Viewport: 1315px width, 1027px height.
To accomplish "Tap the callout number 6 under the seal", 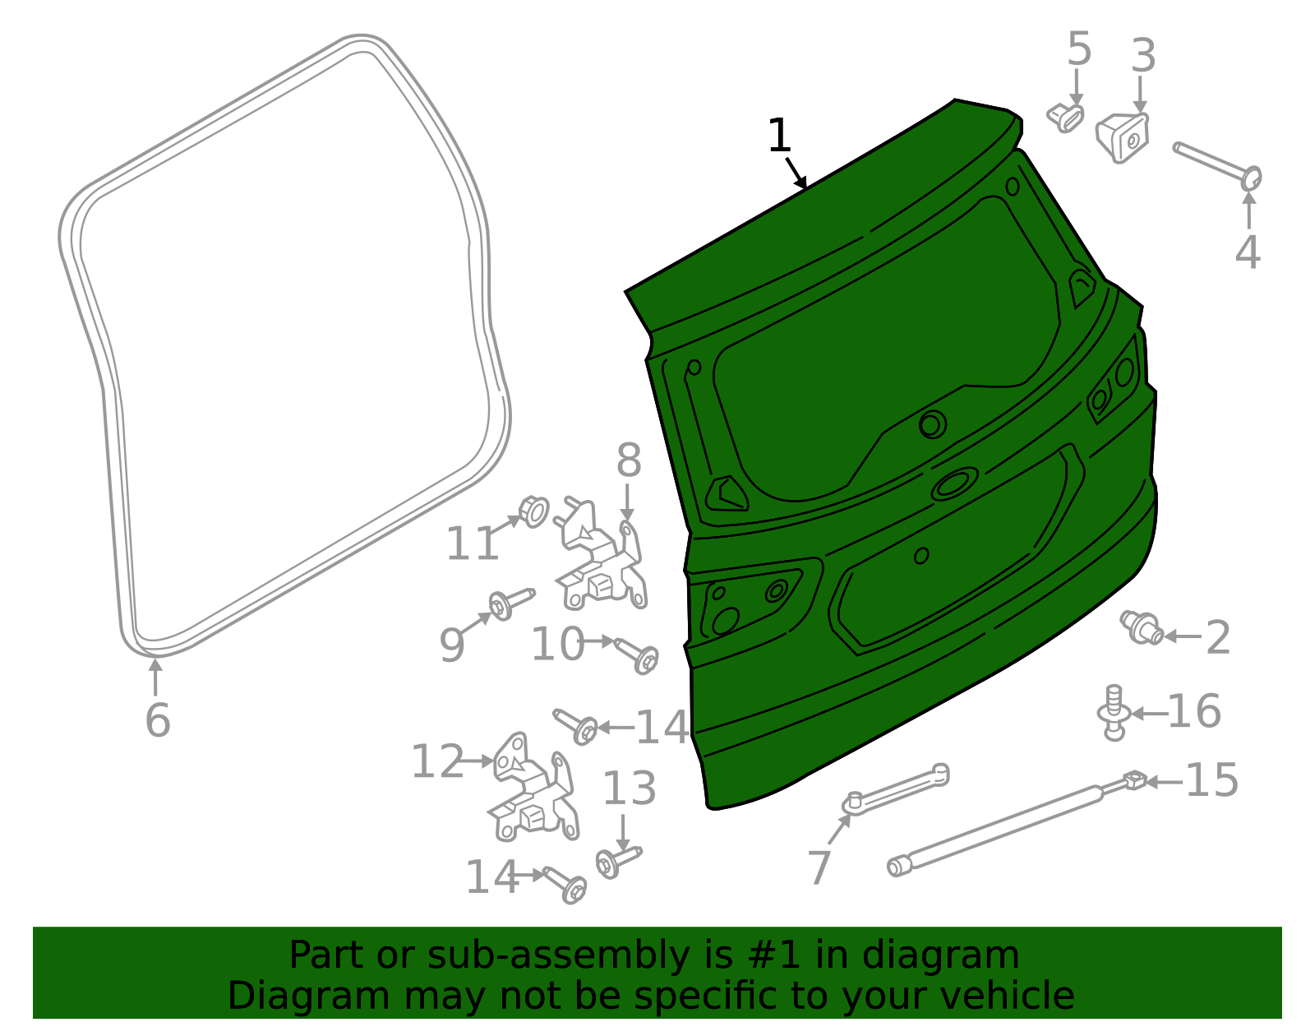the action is pos(158,719).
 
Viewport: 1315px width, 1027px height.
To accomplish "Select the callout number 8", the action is pos(629,460).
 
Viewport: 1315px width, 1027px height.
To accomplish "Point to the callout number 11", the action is pos(473,544).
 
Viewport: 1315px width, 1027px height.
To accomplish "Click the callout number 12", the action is pos(438,761).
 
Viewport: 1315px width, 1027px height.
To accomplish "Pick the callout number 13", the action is pos(630,788).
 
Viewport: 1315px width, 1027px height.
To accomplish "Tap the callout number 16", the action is pos(1194,711).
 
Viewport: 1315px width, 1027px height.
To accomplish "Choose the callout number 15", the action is pos(1212,780).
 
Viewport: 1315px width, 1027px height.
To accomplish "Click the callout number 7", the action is pos(820,867).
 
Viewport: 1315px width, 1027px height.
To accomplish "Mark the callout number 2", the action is pos(1218,637).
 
